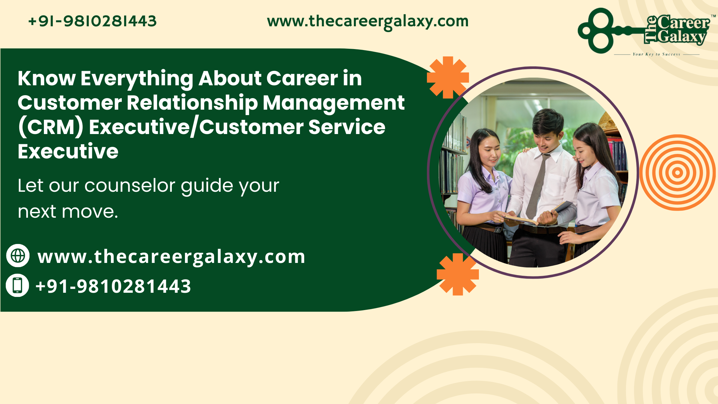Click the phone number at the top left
coord(92,21)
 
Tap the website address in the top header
coord(368,22)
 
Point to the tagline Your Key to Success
coord(656,54)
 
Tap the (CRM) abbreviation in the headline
coord(51,127)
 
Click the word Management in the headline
coord(334,103)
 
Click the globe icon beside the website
coord(18,256)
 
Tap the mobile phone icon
coord(18,285)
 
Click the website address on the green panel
coord(171,257)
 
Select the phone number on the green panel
coord(113,286)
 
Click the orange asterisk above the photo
coord(448,77)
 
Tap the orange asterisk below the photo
coord(458,274)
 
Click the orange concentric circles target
coord(677,173)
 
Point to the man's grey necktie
coord(537,186)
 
